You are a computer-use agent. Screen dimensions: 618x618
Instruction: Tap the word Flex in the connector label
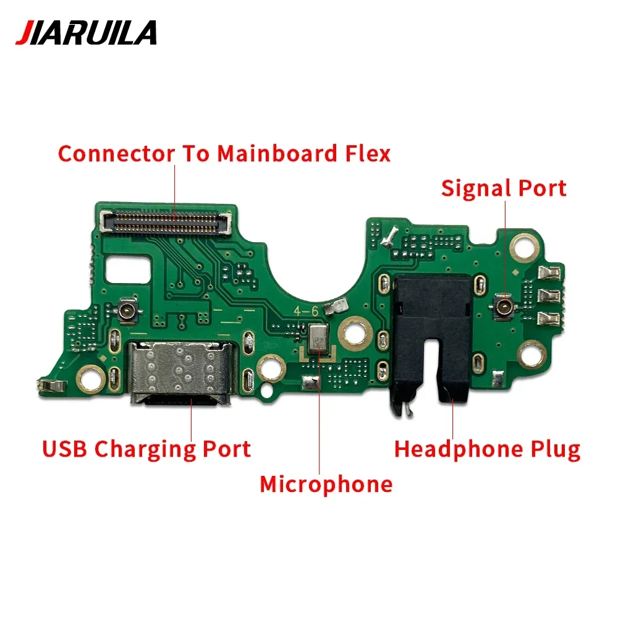tap(367, 153)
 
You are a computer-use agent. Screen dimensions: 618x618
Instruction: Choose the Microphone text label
tap(326, 484)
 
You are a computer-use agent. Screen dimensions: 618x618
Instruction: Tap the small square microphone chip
tap(320, 337)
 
